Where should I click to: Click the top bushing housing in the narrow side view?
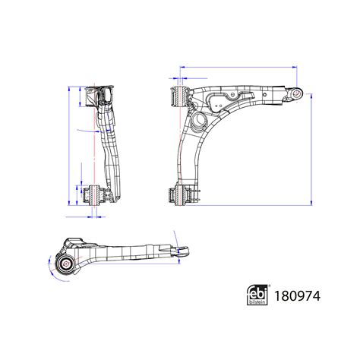tap(99, 97)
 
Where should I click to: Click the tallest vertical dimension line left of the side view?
tap(69, 144)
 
